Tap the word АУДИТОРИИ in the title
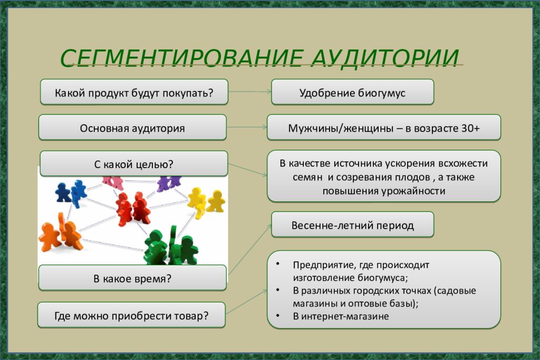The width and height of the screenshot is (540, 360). (x=385, y=58)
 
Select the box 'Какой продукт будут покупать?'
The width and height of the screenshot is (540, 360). (x=134, y=92)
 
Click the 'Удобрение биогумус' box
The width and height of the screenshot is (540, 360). (x=352, y=92)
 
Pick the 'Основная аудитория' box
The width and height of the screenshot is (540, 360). (x=132, y=128)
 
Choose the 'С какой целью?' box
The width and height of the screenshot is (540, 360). (x=133, y=163)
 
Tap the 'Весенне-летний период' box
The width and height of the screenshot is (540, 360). (x=352, y=225)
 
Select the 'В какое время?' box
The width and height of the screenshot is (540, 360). (x=132, y=278)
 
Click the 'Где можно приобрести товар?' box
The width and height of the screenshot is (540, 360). (x=131, y=315)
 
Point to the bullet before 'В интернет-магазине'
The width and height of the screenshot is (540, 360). (x=278, y=316)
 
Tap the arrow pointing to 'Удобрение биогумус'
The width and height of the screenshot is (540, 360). (x=250, y=92)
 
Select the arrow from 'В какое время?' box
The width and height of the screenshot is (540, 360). (x=249, y=250)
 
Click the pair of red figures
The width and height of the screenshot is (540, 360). (x=132, y=209)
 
